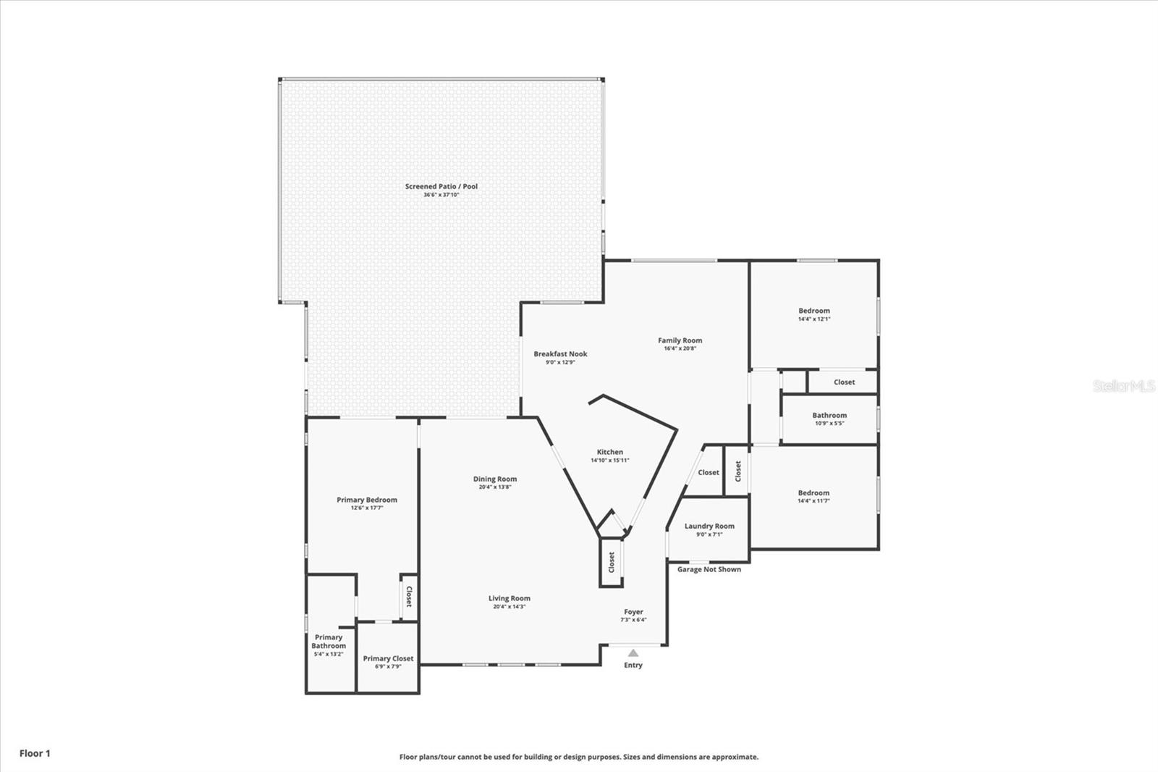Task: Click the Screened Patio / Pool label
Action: click(x=441, y=187)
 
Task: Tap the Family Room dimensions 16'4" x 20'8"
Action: click(x=680, y=348)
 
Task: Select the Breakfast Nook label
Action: click(x=560, y=354)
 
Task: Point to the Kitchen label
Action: click(x=609, y=452)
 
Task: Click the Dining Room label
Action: click(x=495, y=479)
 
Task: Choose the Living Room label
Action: click(x=509, y=598)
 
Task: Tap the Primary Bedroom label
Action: click(x=366, y=500)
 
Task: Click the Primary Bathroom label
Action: click(x=329, y=642)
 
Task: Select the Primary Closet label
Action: click(x=388, y=658)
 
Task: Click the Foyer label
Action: click(x=633, y=612)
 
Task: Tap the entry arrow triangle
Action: click(x=633, y=653)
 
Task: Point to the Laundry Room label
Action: click(x=709, y=526)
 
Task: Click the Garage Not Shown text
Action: click(x=709, y=569)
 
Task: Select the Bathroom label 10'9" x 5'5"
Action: click(x=829, y=416)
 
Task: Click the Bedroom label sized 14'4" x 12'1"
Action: click(x=813, y=311)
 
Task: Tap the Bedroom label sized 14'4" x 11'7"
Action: click(x=813, y=492)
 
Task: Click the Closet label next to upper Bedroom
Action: click(x=844, y=382)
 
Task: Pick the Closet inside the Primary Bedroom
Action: click(x=409, y=597)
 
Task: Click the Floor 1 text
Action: click(x=35, y=753)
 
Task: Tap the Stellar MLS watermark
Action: click(x=1124, y=386)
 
